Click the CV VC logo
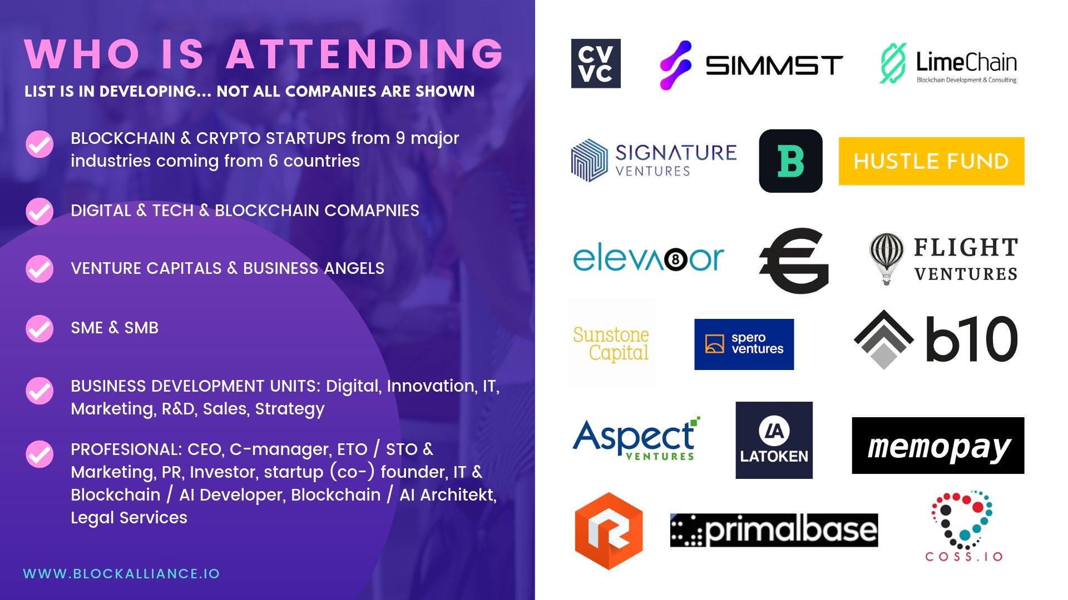point(596,63)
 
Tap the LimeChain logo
point(948,63)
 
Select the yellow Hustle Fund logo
point(931,161)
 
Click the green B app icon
point(790,161)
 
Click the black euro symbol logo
point(794,261)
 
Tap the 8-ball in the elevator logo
point(676,259)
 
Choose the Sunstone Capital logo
point(611,344)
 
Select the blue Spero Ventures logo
point(744,344)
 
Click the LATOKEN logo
point(774,440)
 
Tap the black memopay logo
point(938,446)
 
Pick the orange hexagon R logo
point(609,531)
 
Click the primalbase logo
point(774,531)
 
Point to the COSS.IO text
point(964,557)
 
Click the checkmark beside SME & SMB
point(39,329)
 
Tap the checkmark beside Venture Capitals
point(39,269)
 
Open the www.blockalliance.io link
point(121,574)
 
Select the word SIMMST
point(774,66)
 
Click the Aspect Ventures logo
point(636,439)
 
